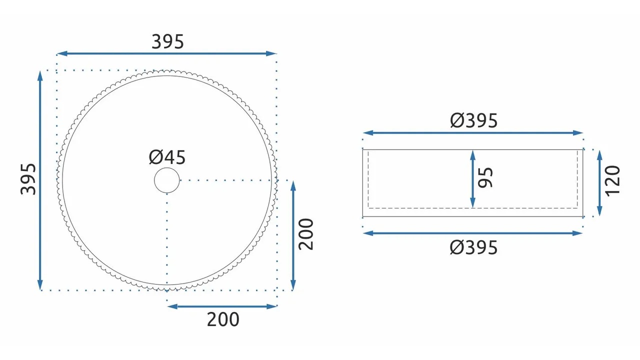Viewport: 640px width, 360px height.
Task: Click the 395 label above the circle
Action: point(167,42)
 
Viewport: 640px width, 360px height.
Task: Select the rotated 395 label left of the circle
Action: point(28,179)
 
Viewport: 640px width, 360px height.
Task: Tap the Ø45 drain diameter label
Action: point(167,157)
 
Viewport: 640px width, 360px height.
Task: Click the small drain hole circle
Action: point(167,180)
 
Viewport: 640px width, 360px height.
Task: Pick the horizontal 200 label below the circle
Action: point(223,319)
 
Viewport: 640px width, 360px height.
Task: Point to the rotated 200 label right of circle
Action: point(306,234)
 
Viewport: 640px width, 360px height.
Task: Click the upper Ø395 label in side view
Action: point(473,120)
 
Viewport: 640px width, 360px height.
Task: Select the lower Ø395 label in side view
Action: point(473,247)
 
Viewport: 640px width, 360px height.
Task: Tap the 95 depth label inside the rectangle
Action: point(485,177)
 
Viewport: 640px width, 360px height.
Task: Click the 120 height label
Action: point(613,181)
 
